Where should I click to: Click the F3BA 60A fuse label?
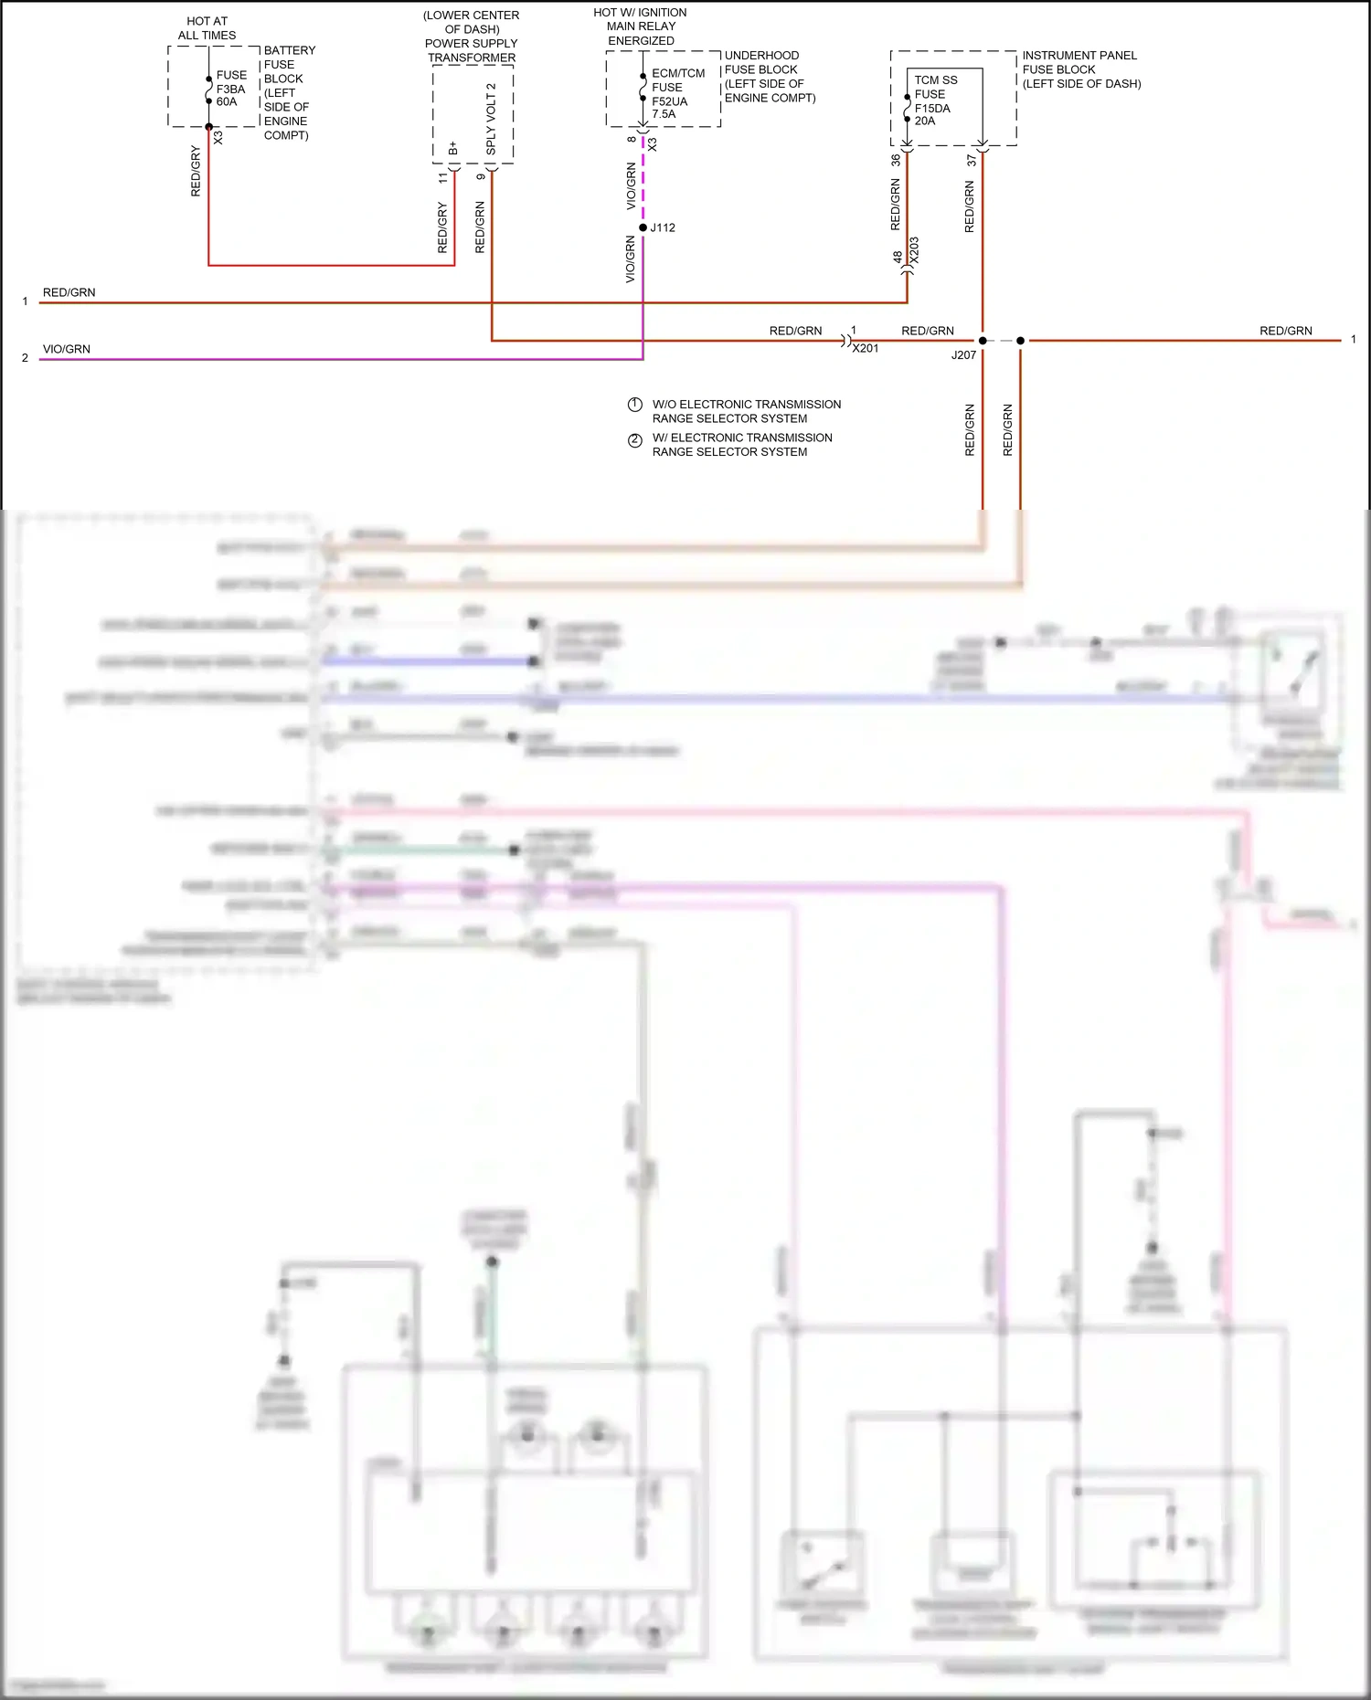pos(230,89)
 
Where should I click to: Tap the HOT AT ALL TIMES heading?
pos(207,28)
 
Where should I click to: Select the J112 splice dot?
pos(643,227)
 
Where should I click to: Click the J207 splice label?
pos(963,355)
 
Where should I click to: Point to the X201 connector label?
pos(865,348)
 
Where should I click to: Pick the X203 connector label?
pos(914,251)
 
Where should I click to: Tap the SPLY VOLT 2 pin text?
pos(491,118)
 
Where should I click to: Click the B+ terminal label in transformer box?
pos(453,147)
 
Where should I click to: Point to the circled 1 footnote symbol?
pos(635,405)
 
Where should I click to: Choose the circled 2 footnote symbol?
pos(635,439)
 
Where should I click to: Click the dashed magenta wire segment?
pos(643,183)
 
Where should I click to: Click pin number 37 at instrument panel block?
pos(972,160)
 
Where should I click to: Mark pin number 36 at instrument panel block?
pos(896,160)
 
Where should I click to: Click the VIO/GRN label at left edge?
pos(67,349)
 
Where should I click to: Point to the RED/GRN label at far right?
pos(1285,331)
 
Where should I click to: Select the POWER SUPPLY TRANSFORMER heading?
pos(471,50)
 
